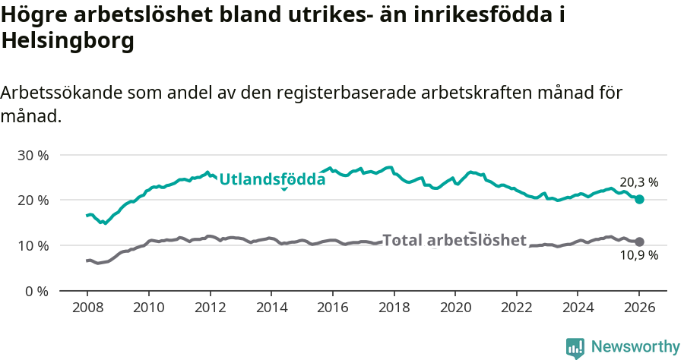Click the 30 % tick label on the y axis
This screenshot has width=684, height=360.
[33, 155]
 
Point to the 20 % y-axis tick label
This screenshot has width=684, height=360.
[33, 201]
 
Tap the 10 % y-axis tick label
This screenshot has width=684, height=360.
[33, 246]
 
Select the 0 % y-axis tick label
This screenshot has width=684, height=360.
[36, 292]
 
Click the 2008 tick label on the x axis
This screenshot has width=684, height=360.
[87, 308]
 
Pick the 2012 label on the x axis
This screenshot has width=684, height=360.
[210, 308]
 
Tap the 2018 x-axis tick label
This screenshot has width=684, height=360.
[394, 308]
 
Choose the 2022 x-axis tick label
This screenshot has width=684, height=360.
[517, 308]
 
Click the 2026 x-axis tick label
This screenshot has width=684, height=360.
[639, 308]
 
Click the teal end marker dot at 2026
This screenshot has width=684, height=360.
[639, 199]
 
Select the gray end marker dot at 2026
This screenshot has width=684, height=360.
[639, 242]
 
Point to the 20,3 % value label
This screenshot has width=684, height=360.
[638, 182]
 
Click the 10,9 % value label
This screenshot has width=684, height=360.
[638, 256]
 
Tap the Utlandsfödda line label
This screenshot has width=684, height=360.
[272, 179]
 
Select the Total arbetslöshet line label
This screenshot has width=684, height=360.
[454, 241]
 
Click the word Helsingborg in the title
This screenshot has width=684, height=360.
[68, 42]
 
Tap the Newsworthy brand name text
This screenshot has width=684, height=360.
[635, 347]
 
